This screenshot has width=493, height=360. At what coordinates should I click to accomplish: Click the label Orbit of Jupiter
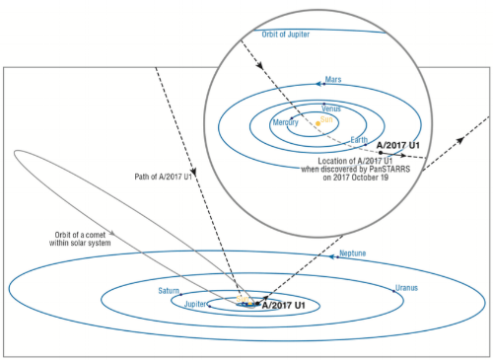(286, 36)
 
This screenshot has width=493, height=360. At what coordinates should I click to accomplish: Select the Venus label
(332, 108)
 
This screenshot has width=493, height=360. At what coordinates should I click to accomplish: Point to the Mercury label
(287, 122)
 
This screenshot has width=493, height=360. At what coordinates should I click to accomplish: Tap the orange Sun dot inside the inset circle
(317, 123)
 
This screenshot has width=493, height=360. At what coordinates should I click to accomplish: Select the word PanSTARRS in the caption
(390, 168)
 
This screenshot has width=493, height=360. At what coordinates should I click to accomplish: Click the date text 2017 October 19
(356, 178)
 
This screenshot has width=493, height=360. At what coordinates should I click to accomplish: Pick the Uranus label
(408, 288)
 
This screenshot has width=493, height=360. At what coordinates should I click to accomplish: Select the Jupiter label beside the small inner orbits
(198, 305)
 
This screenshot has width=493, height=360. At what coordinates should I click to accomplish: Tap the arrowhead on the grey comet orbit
(116, 234)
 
